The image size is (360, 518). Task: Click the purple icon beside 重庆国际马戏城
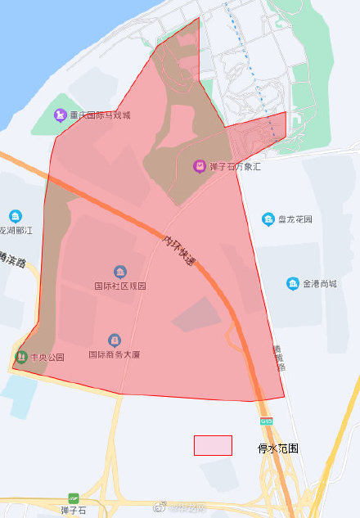[x=60, y=115]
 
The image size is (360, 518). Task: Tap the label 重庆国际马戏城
[x=100, y=115]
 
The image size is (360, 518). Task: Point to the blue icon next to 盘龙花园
[x=268, y=219]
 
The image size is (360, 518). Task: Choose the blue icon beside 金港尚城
[x=292, y=284]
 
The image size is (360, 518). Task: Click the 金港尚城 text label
[x=320, y=284]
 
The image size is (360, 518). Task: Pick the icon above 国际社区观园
[x=120, y=272]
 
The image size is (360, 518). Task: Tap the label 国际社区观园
[x=120, y=286]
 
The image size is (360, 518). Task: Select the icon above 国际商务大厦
[x=115, y=340]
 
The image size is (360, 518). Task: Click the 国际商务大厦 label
[x=115, y=355]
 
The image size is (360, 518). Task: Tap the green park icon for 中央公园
[x=20, y=357]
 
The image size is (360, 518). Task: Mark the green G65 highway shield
[x=267, y=421]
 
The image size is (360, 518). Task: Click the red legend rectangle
[x=213, y=445]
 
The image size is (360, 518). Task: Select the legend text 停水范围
[x=278, y=448]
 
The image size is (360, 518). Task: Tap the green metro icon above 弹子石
[x=74, y=498]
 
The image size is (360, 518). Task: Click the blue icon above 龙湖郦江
[x=16, y=216]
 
